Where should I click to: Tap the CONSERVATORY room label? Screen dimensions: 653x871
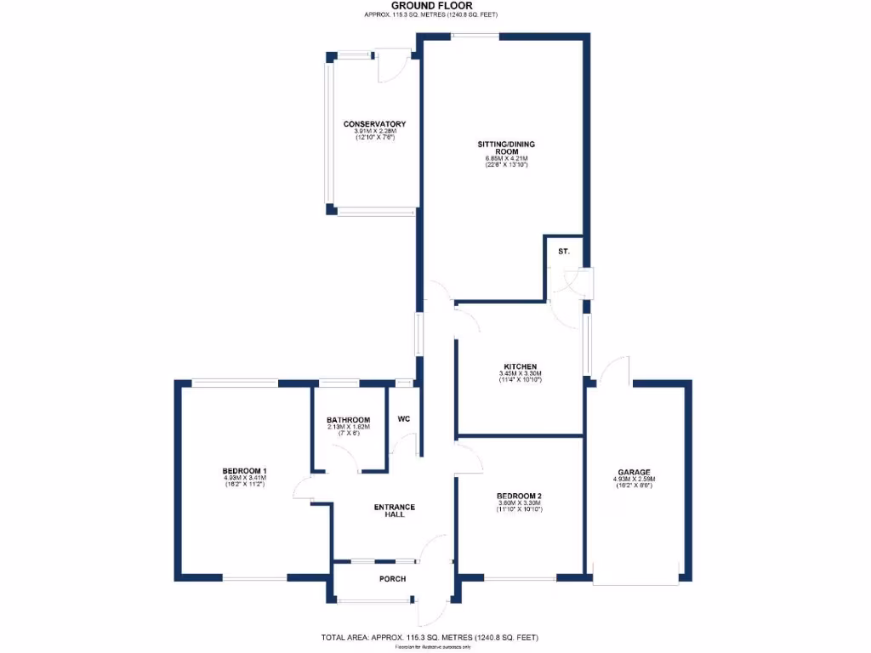(x=368, y=124)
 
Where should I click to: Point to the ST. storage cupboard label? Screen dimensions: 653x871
(x=563, y=253)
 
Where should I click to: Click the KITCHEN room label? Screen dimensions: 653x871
(x=520, y=366)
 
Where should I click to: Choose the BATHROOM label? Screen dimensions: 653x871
(x=349, y=420)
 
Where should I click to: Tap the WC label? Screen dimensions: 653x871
(x=404, y=419)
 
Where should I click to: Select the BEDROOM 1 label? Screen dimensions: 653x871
(x=245, y=471)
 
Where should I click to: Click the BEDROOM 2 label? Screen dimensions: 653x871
(x=520, y=496)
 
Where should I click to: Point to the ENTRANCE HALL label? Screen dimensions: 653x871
(x=395, y=513)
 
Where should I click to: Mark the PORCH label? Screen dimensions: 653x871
(x=393, y=579)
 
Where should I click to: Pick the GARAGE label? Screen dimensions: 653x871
(x=634, y=472)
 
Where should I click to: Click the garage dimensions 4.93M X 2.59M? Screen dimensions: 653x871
(x=634, y=480)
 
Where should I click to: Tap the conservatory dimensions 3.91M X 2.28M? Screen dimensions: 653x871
(x=375, y=131)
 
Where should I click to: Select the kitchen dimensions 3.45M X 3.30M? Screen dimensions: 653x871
(x=520, y=374)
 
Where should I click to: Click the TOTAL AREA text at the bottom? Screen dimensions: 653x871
(x=429, y=638)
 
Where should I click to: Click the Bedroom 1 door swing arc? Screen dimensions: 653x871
(x=301, y=489)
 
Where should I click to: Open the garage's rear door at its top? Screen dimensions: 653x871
(x=613, y=372)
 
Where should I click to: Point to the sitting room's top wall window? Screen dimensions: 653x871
(x=475, y=35)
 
